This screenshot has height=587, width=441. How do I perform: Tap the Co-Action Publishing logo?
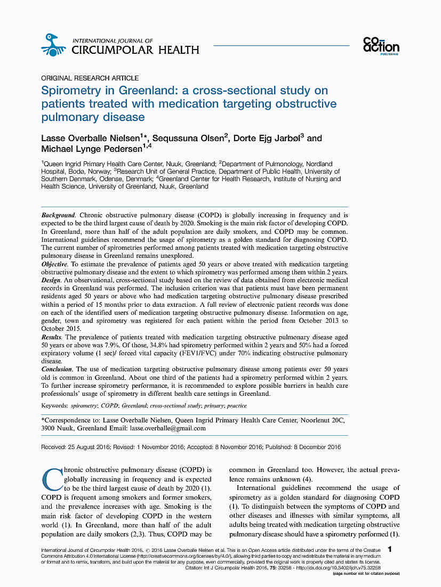click(381, 46)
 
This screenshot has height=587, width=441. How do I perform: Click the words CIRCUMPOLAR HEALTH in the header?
click(135, 50)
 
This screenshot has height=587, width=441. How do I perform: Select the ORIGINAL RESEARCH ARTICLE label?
click(90, 78)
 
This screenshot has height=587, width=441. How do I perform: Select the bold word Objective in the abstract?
click(55, 264)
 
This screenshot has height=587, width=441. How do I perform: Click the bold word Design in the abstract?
click(52, 281)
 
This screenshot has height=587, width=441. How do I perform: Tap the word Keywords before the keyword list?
click(55, 405)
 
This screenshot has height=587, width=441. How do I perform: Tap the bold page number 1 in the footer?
click(391, 549)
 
